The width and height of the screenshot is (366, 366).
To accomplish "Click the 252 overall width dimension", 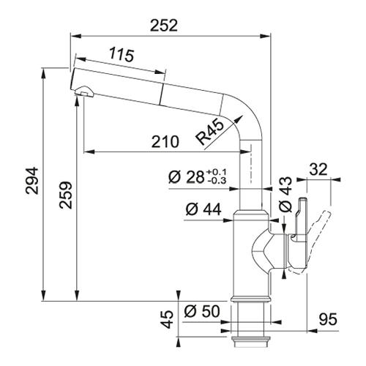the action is coord(164,26).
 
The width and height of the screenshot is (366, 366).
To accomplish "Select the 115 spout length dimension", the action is coord(122,55).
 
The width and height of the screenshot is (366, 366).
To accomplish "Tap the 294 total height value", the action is coord(32,181).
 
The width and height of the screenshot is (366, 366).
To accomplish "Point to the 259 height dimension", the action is coord(66,195).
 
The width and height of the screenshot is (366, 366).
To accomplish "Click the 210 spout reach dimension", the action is coord(165,142).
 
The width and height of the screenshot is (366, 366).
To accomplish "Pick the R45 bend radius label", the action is coord(209,132).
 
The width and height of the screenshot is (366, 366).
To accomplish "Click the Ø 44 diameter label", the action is coord(203,209).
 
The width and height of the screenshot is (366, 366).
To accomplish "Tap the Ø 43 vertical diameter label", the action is coord(285,194).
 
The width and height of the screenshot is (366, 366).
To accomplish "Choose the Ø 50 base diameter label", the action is coord(202,311).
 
